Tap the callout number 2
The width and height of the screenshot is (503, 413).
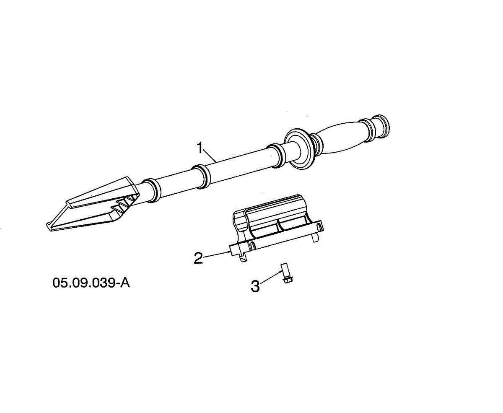[198, 258]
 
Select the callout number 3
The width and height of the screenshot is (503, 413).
[255, 286]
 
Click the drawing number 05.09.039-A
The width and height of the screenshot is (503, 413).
[91, 283]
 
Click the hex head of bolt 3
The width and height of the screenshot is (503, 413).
[288, 280]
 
